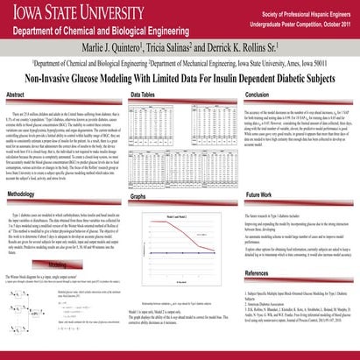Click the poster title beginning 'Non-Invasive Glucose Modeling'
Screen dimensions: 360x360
[x=180, y=76]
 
